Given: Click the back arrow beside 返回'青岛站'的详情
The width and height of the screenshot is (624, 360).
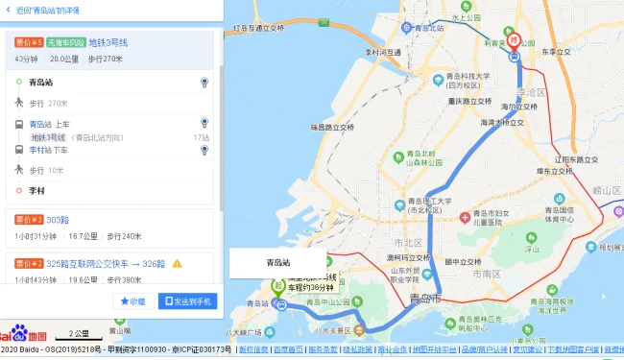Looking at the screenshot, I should click(x=8, y=10).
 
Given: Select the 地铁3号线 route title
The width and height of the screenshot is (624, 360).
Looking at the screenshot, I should click(x=108, y=42).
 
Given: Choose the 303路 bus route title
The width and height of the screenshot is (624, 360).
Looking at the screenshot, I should click(x=59, y=220).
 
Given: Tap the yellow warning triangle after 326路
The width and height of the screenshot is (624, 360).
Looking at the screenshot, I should click(x=177, y=263).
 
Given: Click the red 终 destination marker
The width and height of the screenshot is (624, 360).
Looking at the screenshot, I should click(x=515, y=40).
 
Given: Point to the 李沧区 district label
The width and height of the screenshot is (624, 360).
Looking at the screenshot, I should click(x=530, y=92).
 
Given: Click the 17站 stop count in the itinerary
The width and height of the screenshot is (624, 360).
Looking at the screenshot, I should click(x=202, y=137).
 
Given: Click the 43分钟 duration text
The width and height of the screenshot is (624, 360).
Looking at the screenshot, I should click(x=26, y=60).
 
